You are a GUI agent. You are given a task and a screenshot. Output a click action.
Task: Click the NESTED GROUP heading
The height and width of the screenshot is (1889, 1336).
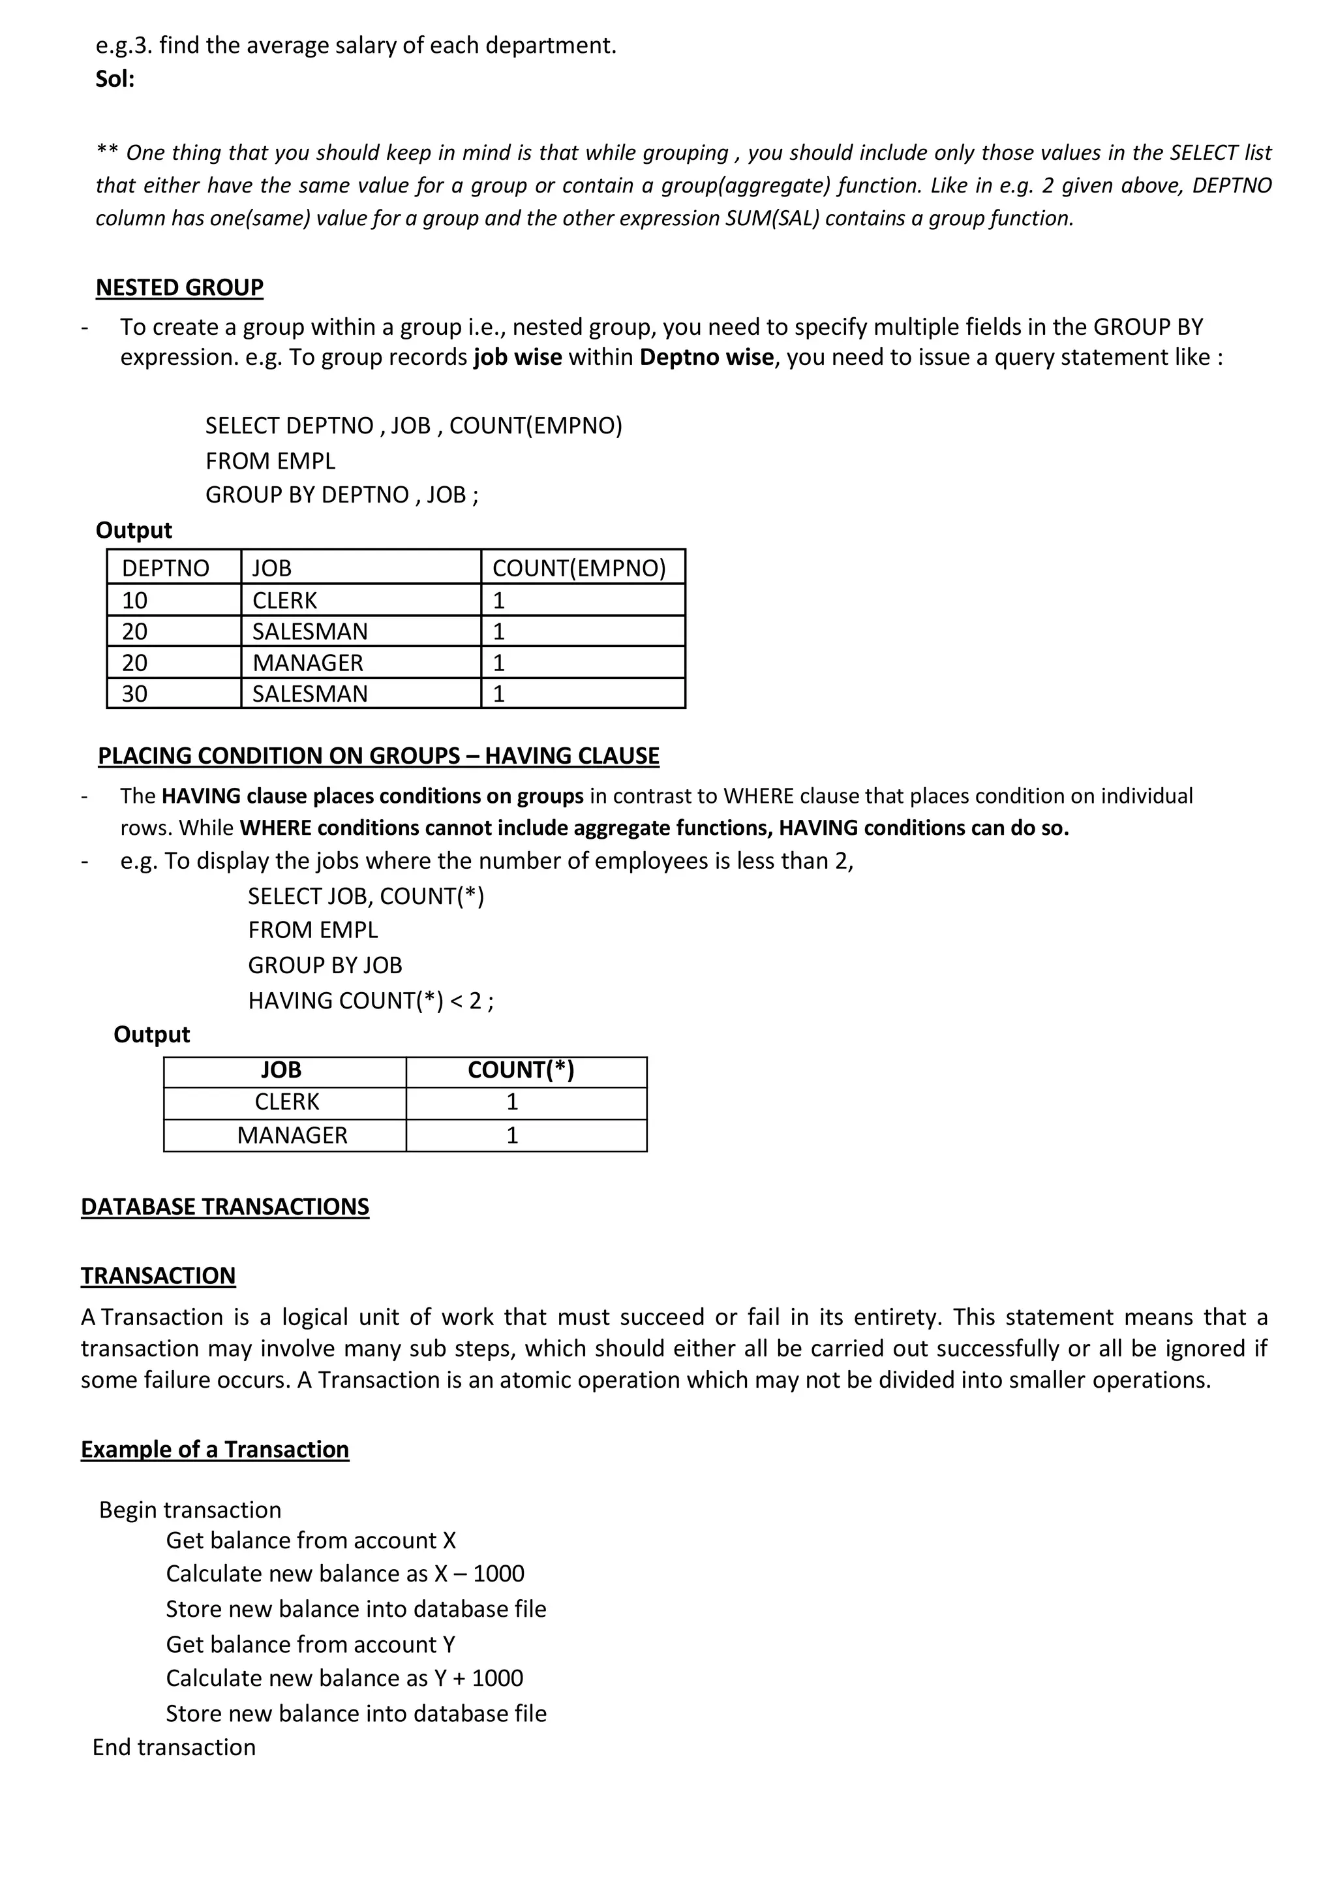point(179,287)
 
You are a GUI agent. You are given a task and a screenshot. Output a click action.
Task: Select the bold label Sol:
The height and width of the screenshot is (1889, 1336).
point(115,79)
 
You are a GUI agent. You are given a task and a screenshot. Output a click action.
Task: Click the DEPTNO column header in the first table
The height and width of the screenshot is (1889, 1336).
point(165,568)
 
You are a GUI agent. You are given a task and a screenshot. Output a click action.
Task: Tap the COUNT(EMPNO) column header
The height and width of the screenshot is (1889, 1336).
point(579,568)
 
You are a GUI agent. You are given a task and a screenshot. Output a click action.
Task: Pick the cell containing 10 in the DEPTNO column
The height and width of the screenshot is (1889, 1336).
point(135,600)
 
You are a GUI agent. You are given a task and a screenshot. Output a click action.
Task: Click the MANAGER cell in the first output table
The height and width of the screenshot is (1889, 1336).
point(308,663)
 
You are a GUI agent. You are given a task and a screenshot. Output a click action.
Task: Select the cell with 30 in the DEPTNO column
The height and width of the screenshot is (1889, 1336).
point(135,694)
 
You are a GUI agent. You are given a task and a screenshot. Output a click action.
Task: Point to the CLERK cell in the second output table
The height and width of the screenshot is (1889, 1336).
point(286,1102)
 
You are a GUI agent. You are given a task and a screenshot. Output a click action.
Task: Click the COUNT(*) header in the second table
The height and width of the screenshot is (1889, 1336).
point(521,1070)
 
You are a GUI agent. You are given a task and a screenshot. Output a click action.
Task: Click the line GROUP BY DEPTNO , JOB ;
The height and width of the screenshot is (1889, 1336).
point(341,495)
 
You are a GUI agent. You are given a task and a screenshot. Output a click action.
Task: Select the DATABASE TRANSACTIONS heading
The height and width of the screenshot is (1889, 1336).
point(224,1207)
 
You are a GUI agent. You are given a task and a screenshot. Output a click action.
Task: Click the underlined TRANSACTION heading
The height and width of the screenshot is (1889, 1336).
point(158,1276)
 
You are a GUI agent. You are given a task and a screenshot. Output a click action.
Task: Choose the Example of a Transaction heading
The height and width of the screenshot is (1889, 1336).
point(215,1450)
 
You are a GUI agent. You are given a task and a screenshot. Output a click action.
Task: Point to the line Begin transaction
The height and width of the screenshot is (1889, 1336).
point(190,1510)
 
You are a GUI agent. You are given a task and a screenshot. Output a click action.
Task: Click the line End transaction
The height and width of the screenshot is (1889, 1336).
point(174,1747)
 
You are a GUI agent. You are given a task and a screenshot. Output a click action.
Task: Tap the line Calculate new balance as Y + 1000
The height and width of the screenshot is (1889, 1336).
point(344,1678)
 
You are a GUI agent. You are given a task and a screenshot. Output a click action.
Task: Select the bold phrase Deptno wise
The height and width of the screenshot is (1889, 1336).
point(706,357)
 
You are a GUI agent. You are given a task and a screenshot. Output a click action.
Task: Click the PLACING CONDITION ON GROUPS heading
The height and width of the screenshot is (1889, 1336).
point(378,756)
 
